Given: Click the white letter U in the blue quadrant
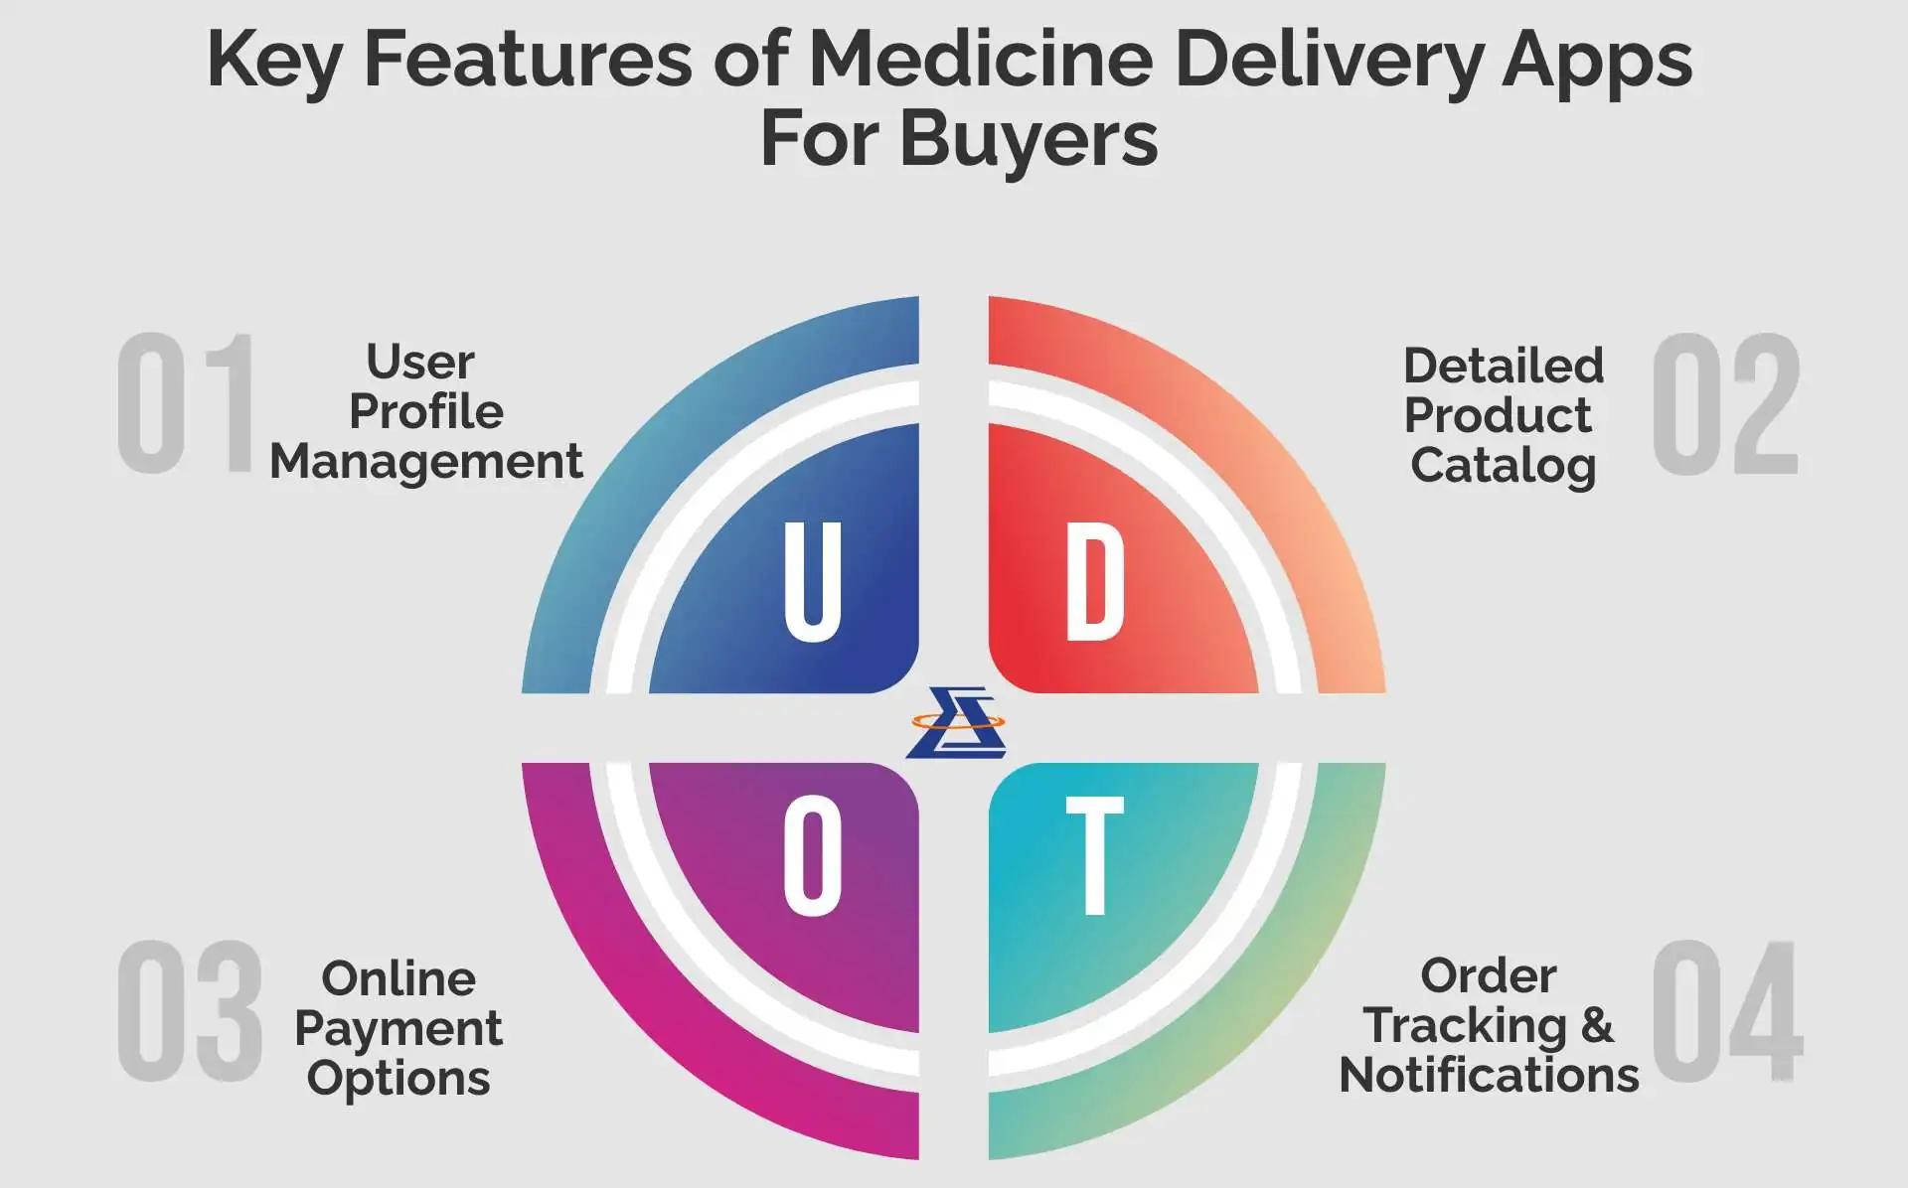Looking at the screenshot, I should [x=813, y=582].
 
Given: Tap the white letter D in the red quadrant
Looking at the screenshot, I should [x=1094, y=582].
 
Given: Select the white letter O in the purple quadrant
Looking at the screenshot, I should [x=813, y=856].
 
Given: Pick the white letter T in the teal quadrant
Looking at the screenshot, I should [x=1094, y=856].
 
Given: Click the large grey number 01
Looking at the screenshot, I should [x=186, y=403].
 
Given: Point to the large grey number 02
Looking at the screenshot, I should [x=1726, y=403].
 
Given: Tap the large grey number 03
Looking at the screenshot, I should [x=189, y=1011].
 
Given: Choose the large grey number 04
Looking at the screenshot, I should [x=1727, y=1011].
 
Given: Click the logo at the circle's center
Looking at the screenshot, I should [x=955, y=722].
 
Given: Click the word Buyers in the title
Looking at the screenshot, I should [x=1029, y=139].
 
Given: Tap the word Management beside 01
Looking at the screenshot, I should [x=426, y=462].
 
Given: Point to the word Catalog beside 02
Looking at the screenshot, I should [x=1503, y=465].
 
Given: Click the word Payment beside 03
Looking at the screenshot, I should [x=398, y=1029].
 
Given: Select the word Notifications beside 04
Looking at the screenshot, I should [x=1489, y=1075].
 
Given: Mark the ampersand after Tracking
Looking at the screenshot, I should [x=1597, y=1025].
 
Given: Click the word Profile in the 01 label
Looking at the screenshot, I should [x=426, y=411].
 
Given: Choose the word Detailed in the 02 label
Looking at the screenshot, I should [x=1504, y=366].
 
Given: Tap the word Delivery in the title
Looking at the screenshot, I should [x=1329, y=60].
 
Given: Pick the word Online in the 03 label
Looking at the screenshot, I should [x=398, y=979].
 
